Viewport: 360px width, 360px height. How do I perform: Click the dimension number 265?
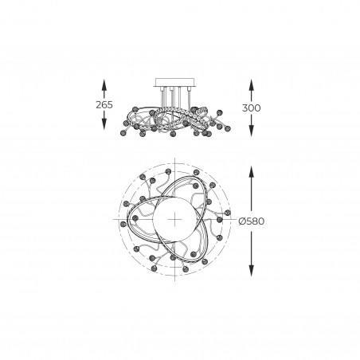(104, 105)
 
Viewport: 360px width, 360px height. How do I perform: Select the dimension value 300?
(252, 108)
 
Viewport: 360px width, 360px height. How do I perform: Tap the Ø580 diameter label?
(252, 221)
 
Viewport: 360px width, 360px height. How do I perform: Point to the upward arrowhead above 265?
(104, 84)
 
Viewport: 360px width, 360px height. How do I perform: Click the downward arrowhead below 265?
(104, 123)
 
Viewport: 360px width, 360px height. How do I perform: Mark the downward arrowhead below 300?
(251, 131)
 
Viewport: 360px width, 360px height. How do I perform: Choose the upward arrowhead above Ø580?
(251, 171)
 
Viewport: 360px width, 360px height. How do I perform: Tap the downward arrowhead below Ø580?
(251, 271)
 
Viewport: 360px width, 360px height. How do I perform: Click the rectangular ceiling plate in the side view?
(175, 82)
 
